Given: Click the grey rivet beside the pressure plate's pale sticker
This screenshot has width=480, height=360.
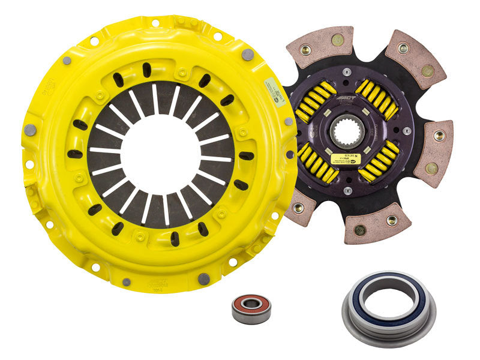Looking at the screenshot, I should tap(247, 55).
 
